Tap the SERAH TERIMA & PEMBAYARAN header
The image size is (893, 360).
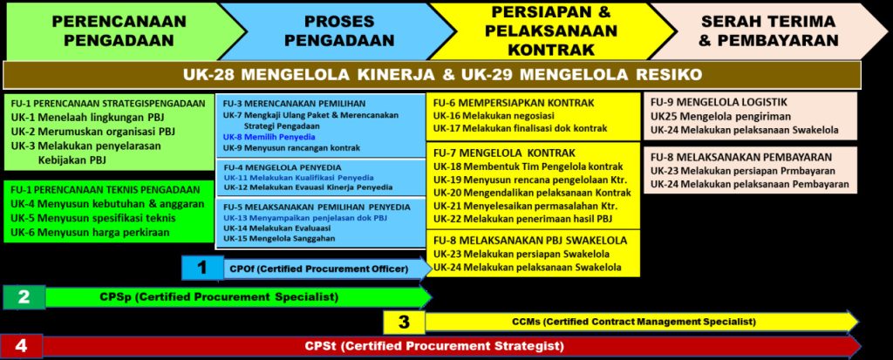[x=769, y=31]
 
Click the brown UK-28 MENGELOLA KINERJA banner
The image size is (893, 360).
[x=433, y=75]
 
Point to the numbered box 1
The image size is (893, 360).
[x=202, y=268]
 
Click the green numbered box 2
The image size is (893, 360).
[x=24, y=296]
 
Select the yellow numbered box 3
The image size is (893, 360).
[x=405, y=322]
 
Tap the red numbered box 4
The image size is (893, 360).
[x=22, y=346]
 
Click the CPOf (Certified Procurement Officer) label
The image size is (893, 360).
[x=319, y=268]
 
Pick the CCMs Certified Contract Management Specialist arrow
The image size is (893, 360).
[x=642, y=322]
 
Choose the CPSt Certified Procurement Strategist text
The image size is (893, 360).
[x=434, y=346]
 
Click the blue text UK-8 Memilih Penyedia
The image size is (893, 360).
[x=269, y=137]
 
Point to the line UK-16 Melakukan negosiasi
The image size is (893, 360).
[x=485, y=116]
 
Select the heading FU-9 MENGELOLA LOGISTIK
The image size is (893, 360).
[x=719, y=103]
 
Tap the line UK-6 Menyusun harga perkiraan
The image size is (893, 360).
[x=90, y=233]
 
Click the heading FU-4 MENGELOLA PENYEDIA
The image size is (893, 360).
[x=282, y=167]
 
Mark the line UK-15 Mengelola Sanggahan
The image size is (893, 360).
[x=279, y=239]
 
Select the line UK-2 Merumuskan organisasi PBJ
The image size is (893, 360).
[x=92, y=132]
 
